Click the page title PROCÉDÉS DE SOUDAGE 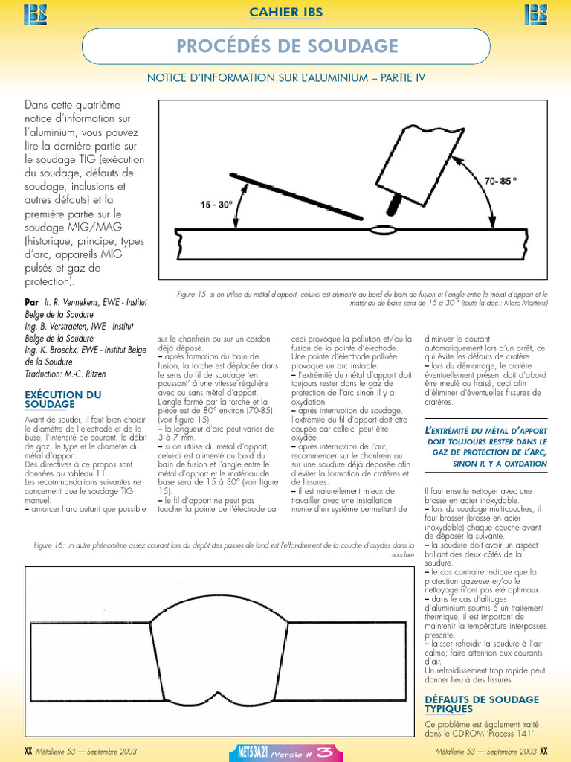tap(287, 46)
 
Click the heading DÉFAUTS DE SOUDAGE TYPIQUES tap(481, 704)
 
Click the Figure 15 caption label tap(196, 295)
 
